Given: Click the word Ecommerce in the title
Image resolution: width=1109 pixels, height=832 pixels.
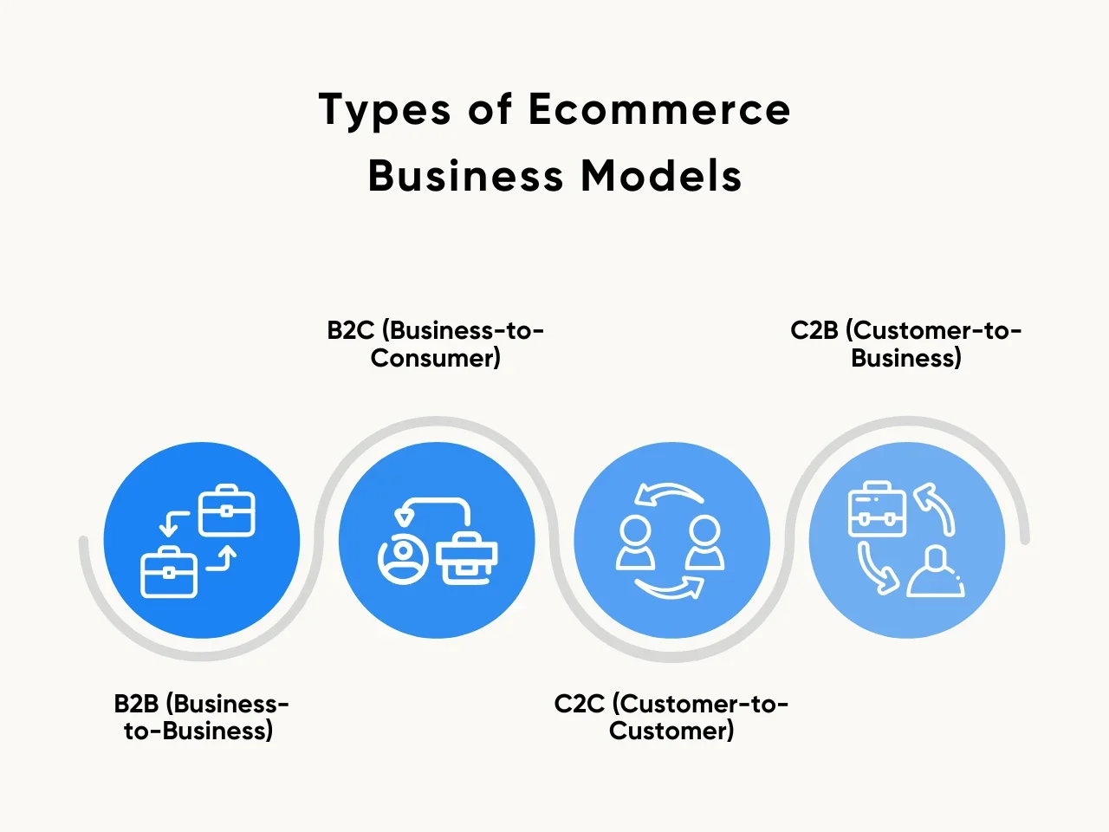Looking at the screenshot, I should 658,110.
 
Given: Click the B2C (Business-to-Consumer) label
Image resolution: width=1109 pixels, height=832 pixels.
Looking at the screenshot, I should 435,344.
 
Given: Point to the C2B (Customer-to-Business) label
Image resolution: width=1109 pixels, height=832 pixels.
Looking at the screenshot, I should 905,344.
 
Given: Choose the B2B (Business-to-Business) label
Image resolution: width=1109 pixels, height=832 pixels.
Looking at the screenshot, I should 200,717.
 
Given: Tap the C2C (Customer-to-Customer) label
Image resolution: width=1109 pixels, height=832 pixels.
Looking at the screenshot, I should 671,717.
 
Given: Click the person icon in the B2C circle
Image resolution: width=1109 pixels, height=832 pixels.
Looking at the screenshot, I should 403,559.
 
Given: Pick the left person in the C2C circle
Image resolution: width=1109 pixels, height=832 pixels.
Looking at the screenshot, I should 635,543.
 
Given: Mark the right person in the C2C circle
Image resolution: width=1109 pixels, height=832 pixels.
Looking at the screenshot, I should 704,543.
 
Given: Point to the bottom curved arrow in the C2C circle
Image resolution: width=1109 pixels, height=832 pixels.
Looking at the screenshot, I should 671,588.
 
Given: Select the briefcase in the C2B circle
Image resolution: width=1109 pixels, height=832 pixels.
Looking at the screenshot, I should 876,510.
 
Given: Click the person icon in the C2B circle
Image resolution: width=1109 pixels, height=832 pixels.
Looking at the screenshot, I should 936,573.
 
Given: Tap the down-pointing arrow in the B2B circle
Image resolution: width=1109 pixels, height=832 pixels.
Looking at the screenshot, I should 172,522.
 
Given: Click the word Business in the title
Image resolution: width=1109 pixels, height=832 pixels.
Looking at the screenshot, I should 465,176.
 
